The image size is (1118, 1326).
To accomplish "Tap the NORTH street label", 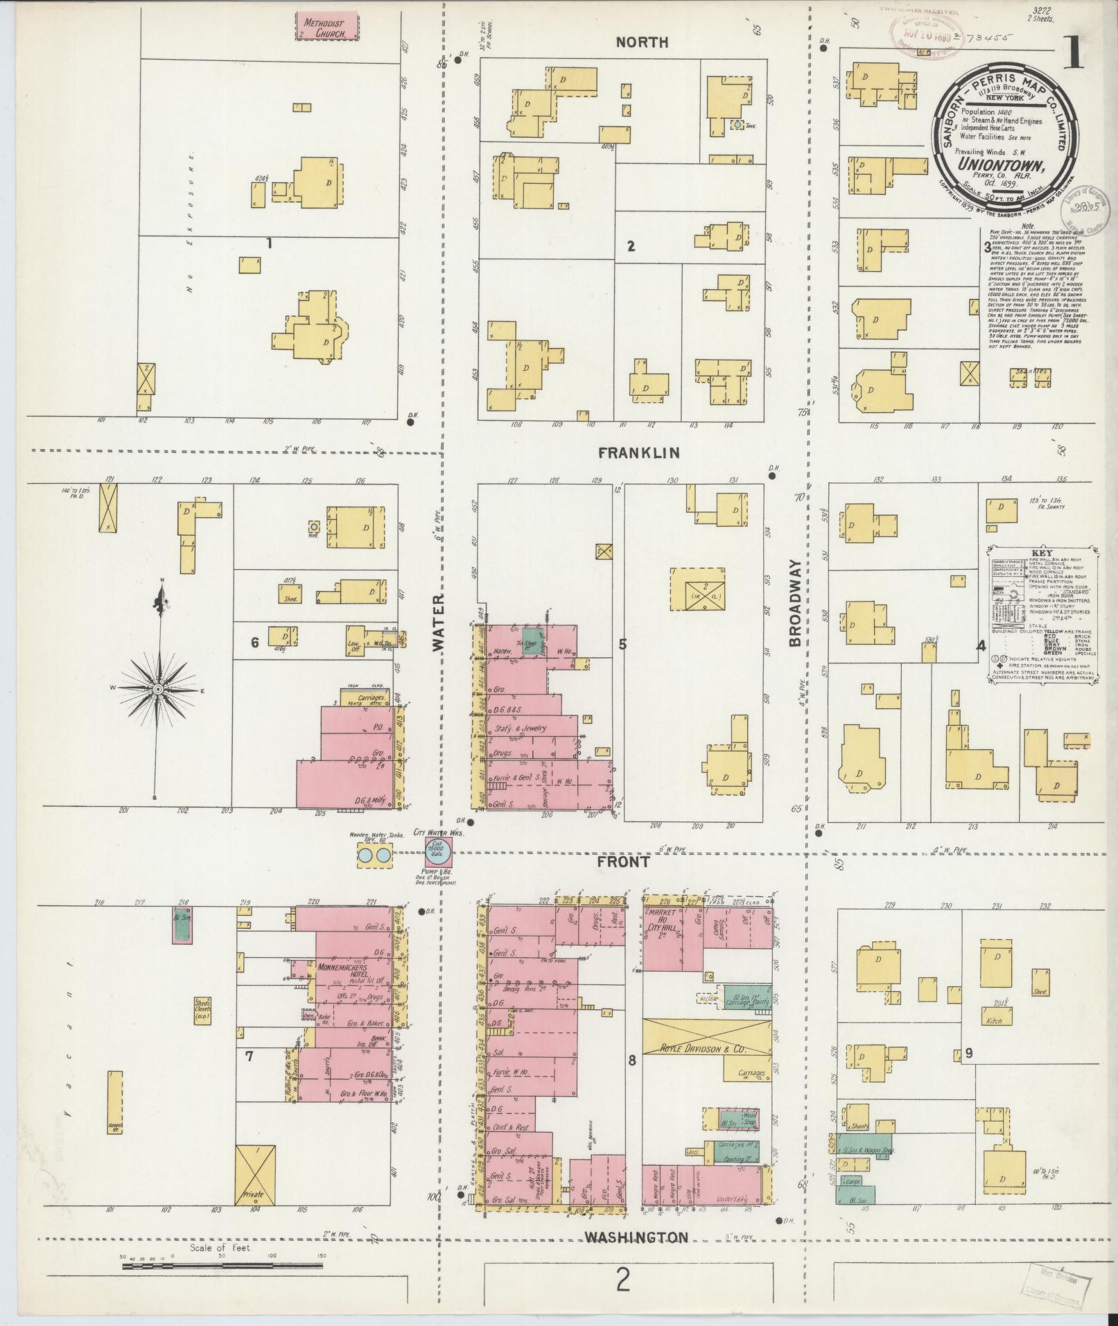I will pos(643,42).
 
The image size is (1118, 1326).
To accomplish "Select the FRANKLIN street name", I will pos(639,453).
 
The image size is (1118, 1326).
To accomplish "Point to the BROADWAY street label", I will pos(795,602).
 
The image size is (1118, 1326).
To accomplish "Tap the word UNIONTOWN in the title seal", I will pos(991,165).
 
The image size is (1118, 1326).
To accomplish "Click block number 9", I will pos(968,1074).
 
